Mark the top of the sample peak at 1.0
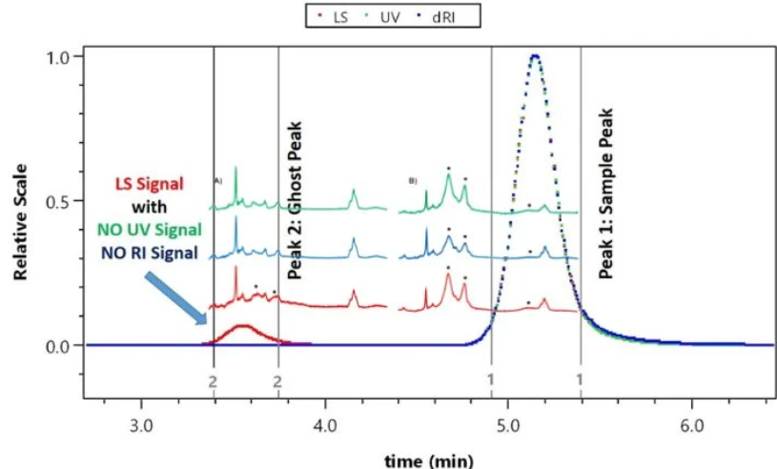[x=535, y=56]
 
